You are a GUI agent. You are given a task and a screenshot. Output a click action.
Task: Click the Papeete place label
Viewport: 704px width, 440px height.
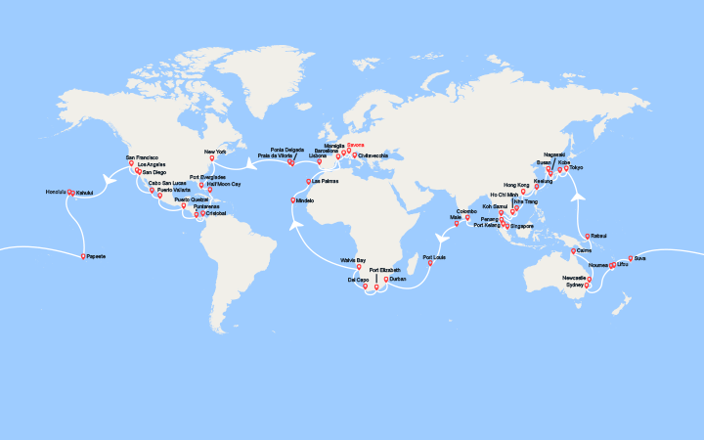click(x=96, y=256)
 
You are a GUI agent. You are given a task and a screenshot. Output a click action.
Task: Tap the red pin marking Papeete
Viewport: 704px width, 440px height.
click(x=84, y=255)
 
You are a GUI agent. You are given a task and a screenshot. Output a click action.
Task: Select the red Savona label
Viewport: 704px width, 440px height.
click(x=355, y=146)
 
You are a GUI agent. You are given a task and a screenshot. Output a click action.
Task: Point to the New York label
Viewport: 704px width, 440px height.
click(x=215, y=152)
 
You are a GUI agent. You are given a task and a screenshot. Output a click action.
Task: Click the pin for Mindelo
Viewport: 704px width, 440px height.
click(x=292, y=200)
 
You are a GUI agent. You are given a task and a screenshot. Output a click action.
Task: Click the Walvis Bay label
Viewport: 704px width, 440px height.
click(x=353, y=260)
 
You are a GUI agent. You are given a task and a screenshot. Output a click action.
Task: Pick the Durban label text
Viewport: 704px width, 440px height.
click(x=396, y=279)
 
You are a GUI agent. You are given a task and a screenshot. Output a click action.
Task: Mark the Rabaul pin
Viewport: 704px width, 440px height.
click(x=586, y=236)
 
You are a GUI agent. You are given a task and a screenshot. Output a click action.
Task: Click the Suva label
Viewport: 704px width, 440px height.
click(x=639, y=258)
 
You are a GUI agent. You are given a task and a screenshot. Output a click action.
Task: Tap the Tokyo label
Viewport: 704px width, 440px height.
click(x=576, y=167)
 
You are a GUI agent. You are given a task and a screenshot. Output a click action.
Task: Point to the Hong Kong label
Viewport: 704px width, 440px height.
click(x=516, y=184)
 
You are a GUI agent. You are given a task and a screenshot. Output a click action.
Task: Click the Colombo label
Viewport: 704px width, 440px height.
click(x=467, y=210)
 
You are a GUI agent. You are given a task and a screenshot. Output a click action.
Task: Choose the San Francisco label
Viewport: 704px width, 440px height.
click(x=142, y=156)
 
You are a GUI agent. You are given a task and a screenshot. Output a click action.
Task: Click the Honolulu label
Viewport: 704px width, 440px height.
click(x=56, y=192)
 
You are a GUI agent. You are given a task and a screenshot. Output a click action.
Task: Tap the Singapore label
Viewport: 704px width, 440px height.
click(x=522, y=226)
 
